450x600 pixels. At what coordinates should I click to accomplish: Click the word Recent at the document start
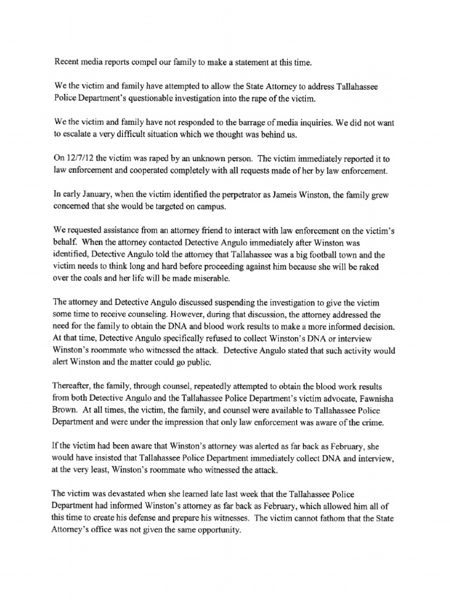pos(67,62)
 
